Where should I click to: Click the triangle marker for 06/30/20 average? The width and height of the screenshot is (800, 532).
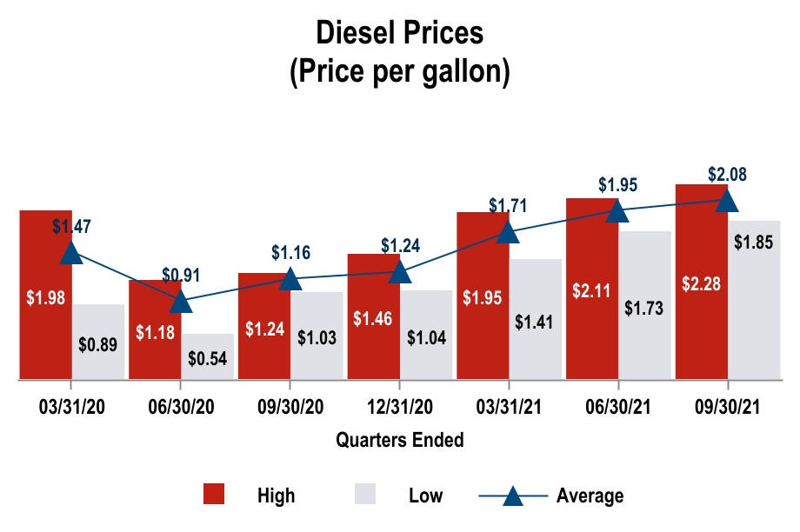tap(181, 302)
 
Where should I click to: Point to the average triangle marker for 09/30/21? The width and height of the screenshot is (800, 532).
tap(727, 201)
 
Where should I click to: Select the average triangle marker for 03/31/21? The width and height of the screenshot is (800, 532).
tap(509, 232)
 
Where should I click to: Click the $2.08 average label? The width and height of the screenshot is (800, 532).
tap(727, 174)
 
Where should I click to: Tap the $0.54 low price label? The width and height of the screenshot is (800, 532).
tap(207, 358)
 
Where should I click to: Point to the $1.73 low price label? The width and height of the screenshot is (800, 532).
tap(644, 307)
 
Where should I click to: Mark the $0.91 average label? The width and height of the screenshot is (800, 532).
tap(181, 275)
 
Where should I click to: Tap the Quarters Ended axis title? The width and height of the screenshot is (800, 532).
tap(400, 440)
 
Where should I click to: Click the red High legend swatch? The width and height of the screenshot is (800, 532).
tap(214, 495)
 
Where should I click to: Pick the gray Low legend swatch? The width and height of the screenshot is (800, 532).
tap(365, 495)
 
